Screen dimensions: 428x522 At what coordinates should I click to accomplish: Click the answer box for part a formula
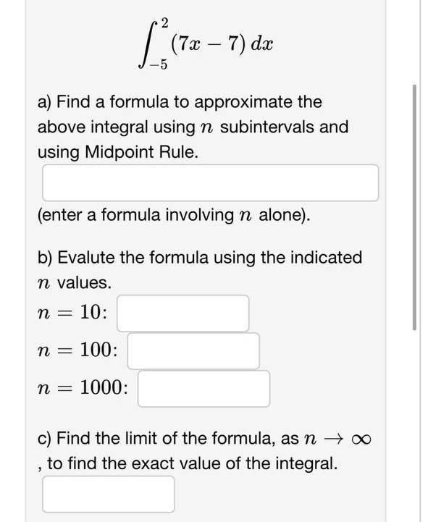pos(210,182)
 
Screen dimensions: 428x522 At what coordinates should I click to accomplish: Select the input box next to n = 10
pos(183,313)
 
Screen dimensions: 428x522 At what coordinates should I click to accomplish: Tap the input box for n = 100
pos(193,351)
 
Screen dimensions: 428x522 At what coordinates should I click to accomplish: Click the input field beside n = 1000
pos(204,389)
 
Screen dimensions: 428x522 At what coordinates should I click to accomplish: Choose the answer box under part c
pos(109,494)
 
